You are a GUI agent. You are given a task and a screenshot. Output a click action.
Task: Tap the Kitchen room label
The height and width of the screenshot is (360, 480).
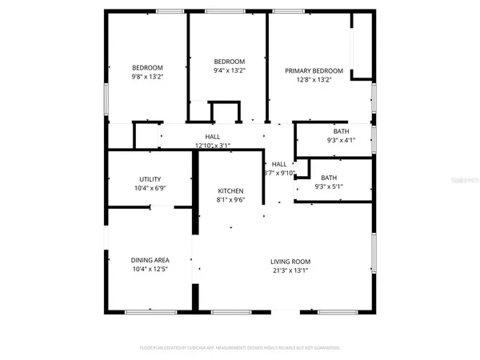pos(230,190)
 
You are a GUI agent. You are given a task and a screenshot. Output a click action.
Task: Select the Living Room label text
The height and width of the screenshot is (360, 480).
pos(290,262)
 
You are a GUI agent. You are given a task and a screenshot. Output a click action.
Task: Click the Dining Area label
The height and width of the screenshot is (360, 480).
pos(150,259)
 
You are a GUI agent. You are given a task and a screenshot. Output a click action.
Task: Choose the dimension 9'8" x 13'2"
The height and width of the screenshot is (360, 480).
pos(147,77)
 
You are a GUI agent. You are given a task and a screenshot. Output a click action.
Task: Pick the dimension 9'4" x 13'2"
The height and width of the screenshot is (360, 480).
pos(229,70)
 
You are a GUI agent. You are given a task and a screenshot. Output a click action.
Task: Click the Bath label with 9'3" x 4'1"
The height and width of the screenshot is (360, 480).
pos(341,131)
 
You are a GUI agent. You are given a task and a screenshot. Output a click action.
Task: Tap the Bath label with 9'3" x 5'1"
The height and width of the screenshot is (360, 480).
pos(329,178)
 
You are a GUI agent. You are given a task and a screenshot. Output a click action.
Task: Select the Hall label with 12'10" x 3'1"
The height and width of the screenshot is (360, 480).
pos(212,137)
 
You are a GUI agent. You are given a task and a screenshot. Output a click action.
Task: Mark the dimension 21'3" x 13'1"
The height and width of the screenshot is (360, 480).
pos(290,270)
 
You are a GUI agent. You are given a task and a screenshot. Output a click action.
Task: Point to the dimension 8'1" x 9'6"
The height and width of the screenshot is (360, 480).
pos(230,200)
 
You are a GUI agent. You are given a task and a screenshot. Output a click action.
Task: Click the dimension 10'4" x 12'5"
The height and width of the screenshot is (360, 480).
pos(150,269)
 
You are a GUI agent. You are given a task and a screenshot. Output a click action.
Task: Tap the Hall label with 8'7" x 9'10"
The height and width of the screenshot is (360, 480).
pos(279,164)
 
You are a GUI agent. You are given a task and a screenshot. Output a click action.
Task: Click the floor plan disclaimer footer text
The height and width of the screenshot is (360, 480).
pos(240,348)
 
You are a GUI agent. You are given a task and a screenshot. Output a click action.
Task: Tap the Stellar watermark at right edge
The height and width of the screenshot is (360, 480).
pos(464,182)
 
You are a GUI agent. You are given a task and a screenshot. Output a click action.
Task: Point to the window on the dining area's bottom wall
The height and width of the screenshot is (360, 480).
pos(150,310)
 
